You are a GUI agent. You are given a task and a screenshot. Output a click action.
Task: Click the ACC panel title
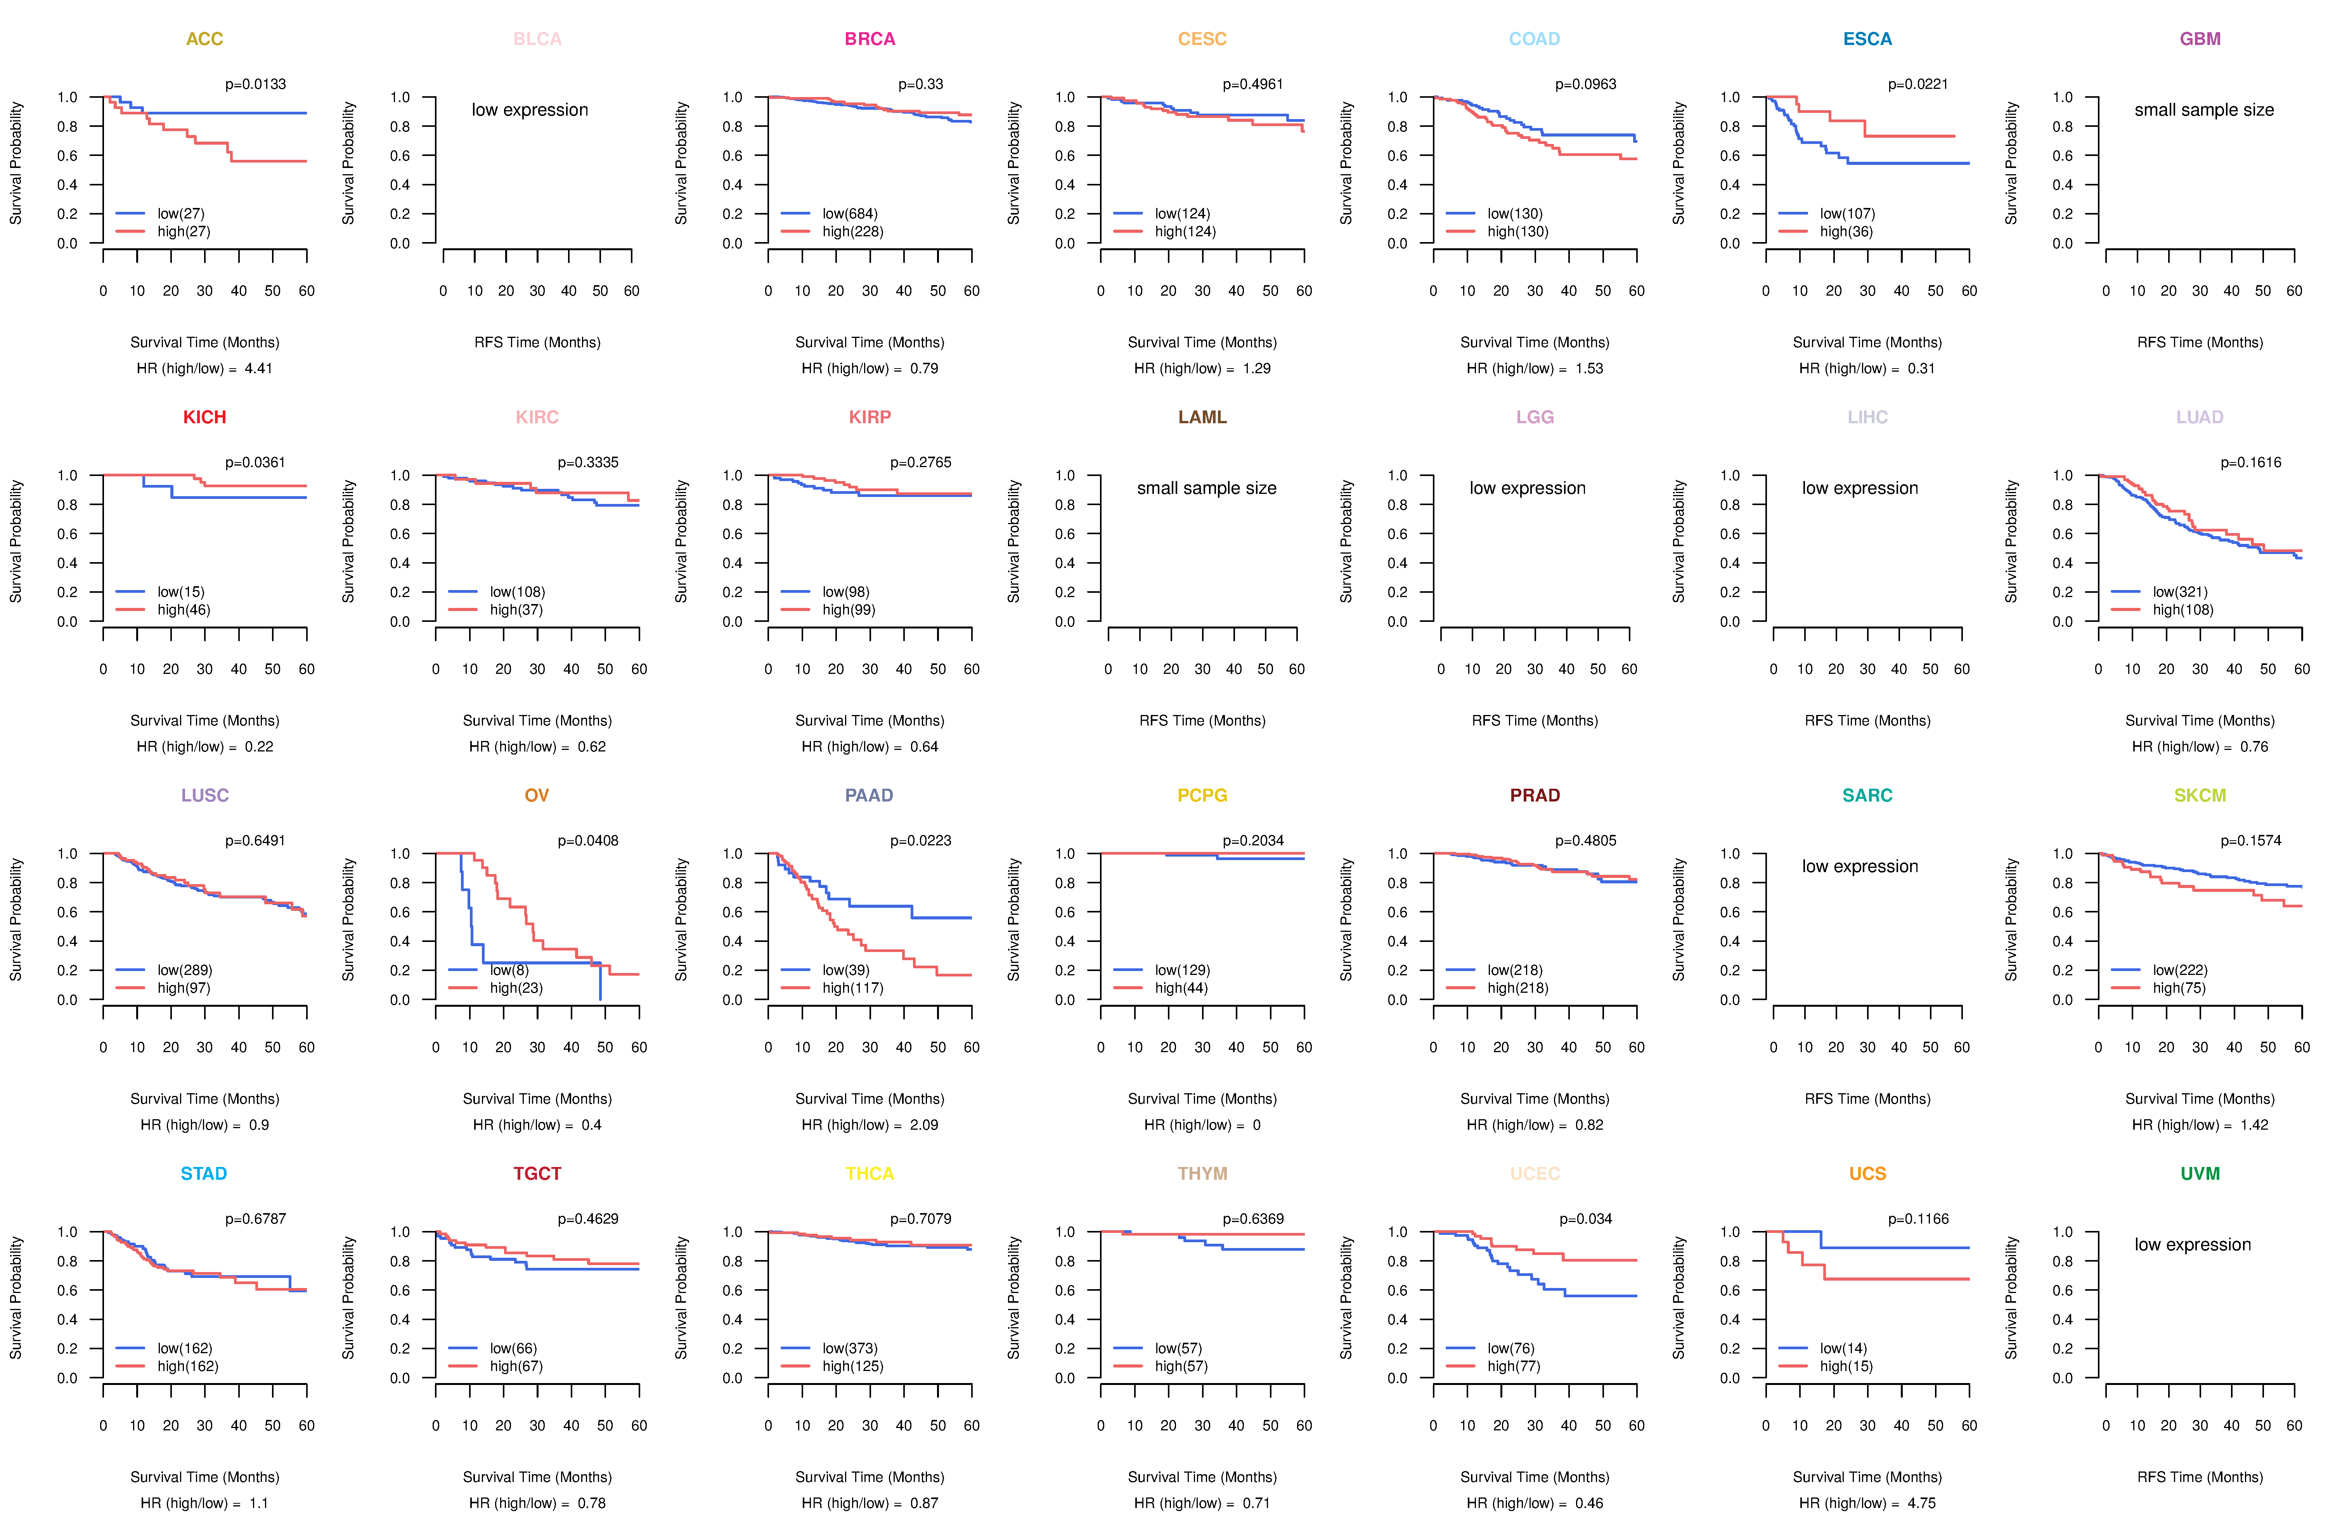(204, 39)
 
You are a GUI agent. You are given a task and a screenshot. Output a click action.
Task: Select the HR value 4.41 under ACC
(258, 369)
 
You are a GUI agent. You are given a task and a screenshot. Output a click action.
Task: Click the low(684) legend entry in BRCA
(849, 213)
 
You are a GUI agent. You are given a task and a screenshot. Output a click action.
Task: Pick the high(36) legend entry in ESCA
(1846, 232)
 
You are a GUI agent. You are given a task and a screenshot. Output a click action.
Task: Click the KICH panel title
(204, 417)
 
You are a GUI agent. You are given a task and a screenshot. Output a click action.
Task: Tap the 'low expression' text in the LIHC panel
(1859, 488)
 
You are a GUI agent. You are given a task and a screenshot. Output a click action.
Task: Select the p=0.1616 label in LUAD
(2251, 462)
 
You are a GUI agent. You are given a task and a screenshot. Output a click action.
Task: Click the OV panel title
(537, 795)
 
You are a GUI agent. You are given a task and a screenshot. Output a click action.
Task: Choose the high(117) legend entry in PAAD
(852, 988)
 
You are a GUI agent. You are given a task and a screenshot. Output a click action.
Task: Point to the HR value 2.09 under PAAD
(923, 1125)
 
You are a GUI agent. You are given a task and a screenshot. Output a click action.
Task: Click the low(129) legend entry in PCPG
(1181, 970)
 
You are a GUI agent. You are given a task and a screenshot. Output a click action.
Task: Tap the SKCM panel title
(2200, 795)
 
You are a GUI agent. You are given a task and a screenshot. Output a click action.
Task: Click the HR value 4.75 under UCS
(1921, 1503)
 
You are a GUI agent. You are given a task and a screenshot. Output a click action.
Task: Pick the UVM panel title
(2200, 1174)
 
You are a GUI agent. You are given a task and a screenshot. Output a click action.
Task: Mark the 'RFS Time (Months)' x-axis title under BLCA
(537, 342)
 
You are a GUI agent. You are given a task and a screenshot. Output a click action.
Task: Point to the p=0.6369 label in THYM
(1253, 1219)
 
